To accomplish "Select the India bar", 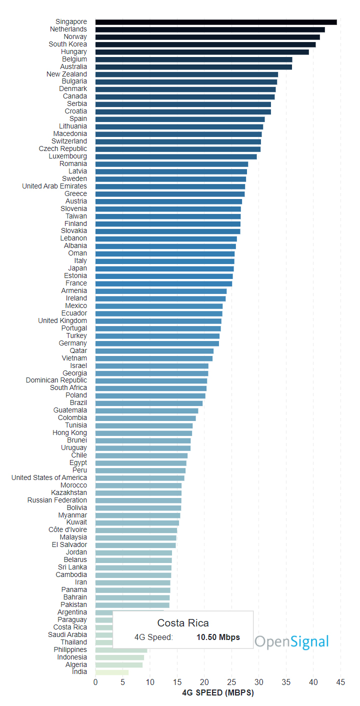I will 112,672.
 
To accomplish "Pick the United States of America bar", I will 139,478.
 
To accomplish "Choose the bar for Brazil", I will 149,403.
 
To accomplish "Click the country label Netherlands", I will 68,29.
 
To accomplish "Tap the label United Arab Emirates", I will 54,186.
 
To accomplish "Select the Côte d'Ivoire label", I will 67,530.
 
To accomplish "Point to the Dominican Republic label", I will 56,380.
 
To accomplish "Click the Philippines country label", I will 70,649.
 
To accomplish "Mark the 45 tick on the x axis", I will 340,682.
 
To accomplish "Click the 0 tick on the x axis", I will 95,682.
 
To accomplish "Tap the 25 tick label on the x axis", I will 231,682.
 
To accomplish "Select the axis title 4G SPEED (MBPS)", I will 217,693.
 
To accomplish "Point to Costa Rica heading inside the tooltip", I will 183,623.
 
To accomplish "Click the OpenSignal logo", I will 292,642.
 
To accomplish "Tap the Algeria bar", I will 119,664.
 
